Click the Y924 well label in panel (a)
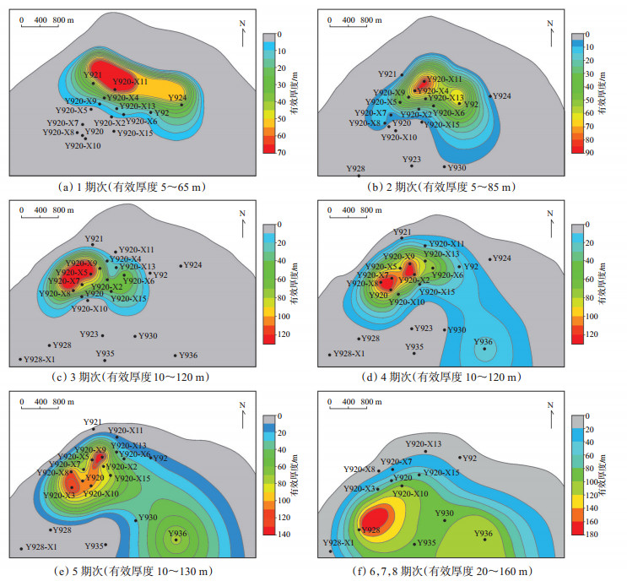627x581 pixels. (x=177, y=97)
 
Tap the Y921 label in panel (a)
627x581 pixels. (x=92, y=75)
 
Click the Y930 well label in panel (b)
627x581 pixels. (x=457, y=168)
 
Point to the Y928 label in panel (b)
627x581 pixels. (x=356, y=169)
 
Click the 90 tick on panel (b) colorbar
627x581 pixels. (x=591, y=153)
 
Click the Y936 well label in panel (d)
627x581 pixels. (x=483, y=341)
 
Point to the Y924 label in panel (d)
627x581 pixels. (x=501, y=258)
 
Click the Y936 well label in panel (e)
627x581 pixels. (x=177, y=533)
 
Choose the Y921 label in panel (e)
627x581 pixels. (x=92, y=421)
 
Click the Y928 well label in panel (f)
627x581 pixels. (x=370, y=530)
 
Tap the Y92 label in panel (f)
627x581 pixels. (x=469, y=459)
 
